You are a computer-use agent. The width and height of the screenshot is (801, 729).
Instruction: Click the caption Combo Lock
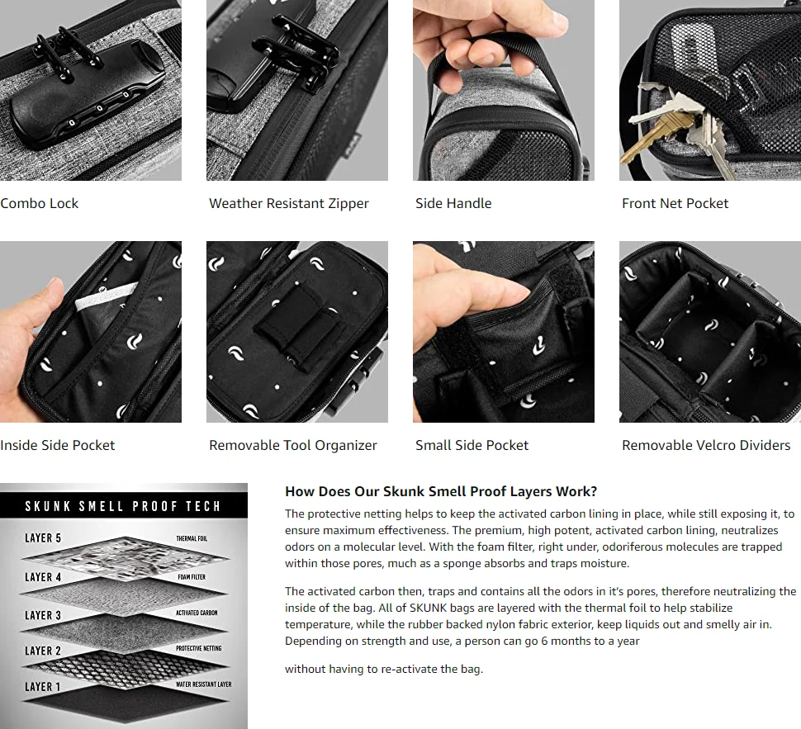(x=40, y=203)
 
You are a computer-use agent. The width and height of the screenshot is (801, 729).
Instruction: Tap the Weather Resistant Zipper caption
(x=289, y=203)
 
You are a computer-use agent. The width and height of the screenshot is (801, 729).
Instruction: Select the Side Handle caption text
(x=453, y=203)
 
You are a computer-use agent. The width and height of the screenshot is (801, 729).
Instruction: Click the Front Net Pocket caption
(x=675, y=203)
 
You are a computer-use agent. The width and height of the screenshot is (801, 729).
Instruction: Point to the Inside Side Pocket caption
(x=58, y=445)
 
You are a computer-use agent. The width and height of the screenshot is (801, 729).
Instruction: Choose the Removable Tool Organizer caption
(x=292, y=446)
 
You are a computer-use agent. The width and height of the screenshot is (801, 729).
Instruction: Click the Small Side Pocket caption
(x=472, y=445)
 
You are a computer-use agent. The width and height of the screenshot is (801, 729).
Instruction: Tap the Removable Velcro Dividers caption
(x=706, y=445)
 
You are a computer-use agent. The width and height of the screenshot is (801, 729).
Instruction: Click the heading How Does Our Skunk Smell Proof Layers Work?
(x=441, y=491)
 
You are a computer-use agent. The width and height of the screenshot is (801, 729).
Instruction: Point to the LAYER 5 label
(x=43, y=538)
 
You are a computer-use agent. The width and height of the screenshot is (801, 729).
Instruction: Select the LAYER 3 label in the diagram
(x=43, y=615)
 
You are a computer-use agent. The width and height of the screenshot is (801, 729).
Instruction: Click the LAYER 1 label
(x=42, y=687)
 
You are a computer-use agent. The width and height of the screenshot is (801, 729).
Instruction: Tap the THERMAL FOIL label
(x=192, y=538)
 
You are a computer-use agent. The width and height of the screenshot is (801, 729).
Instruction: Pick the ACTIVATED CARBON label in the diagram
(x=197, y=613)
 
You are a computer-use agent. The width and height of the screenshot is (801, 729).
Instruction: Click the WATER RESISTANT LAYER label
(x=203, y=684)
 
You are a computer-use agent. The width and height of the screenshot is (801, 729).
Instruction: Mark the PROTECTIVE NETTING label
(x=199, y=648)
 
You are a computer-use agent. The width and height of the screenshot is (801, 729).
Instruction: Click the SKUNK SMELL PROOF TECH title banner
(x=124, y=506)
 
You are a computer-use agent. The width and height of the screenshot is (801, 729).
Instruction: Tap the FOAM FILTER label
(x=192, y=577)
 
